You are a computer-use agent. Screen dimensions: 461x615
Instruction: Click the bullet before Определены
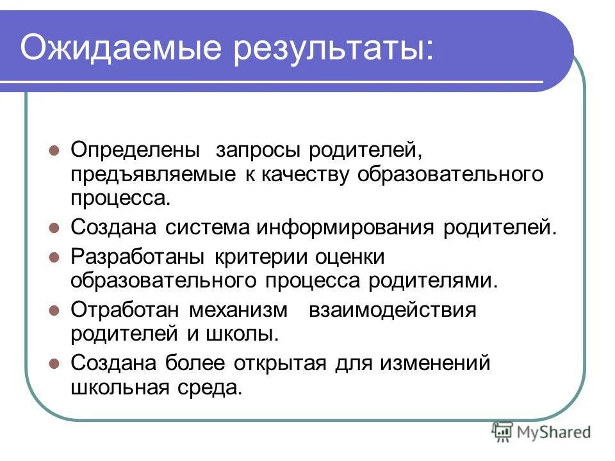pos(55,152)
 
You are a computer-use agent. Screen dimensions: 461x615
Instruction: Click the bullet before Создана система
pos(55,227)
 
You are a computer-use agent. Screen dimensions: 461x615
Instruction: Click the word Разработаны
pos(137,257)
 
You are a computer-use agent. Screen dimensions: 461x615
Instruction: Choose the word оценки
pos(349,257)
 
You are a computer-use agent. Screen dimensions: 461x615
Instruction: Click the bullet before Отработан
pos(55,310)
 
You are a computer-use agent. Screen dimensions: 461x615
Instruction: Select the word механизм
pos(238,310)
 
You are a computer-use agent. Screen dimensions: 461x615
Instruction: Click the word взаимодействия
pos(393,310)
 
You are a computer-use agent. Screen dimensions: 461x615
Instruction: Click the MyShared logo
pos(541,432)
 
